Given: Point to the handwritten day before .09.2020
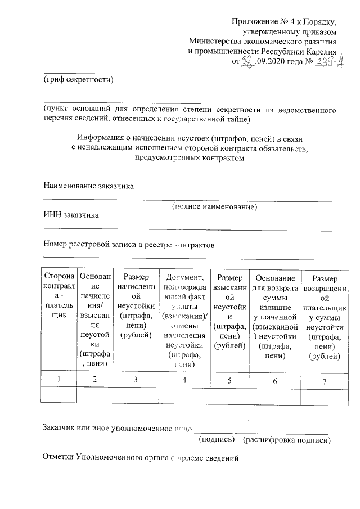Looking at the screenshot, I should point(246,62).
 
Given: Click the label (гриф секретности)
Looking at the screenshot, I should point(78,80).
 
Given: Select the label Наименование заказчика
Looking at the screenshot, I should point(89,186).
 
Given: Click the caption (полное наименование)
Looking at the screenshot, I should point(214,207).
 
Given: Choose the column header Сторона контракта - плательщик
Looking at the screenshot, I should point(59,296).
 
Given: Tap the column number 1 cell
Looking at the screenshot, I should point(59,379).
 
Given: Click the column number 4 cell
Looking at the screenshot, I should point(184,379).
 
